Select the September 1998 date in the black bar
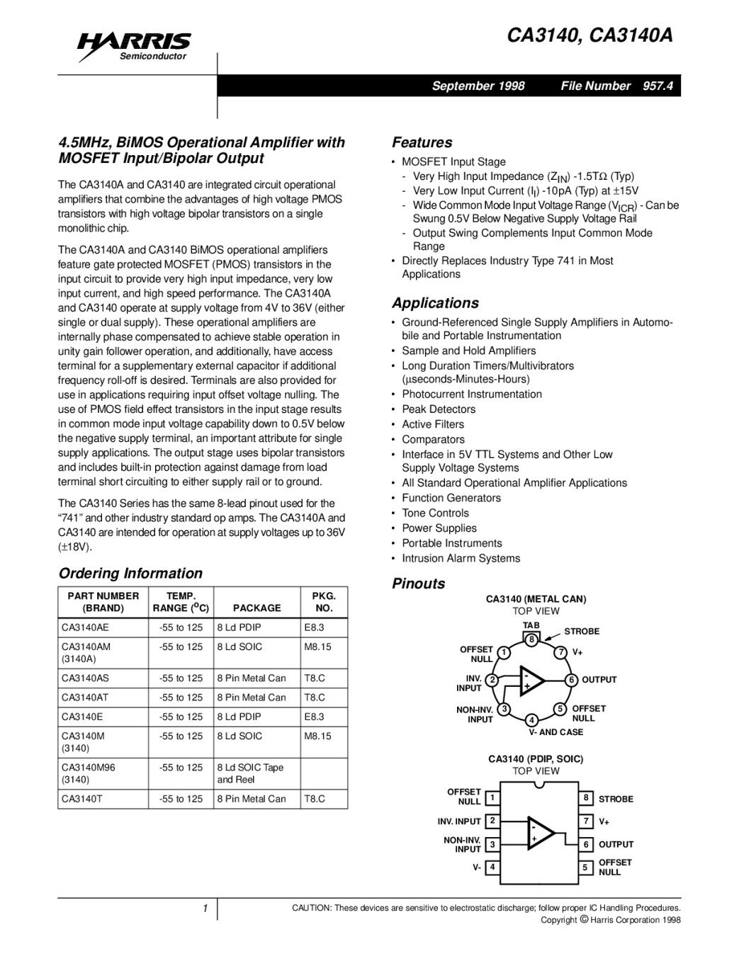[x=478, y=86]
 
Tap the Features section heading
[x=422, y=142]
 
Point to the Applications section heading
[x=435, y=303]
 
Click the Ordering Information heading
[x=130, y=574]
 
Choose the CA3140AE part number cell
[x=86, y=627]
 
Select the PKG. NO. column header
[x=324, y=602]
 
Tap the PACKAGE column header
[x=256, y=608]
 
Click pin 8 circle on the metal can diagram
[x=531, y=639]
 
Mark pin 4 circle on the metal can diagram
[x=531, y=720]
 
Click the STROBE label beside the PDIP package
[x=616, y=799]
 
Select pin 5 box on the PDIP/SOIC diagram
[x=585, y=867]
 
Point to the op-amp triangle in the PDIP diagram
[x=541, y=833]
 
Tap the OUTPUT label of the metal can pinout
[x=599, y=680]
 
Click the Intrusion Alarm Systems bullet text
[x=461, y=558]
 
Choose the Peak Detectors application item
[x=439, y=409]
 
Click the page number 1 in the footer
[x=204, y=909]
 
